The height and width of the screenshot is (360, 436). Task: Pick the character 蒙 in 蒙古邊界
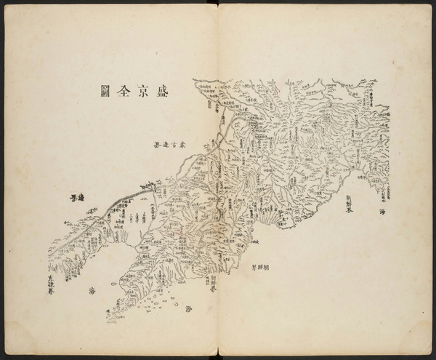tap(185, 145)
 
